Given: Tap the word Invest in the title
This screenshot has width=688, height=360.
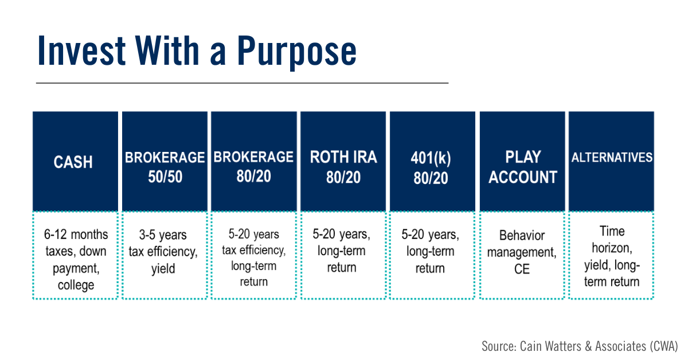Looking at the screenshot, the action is (81, 50).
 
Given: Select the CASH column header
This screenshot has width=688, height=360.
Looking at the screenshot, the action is (75, 161).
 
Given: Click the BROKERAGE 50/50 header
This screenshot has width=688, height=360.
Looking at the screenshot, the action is (165, 161).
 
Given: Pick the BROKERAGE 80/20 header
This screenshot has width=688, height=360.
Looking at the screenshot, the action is (253, 161).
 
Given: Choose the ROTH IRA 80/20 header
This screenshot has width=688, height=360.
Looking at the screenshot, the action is (343, 161).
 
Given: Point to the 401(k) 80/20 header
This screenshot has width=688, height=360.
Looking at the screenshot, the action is (432, 161).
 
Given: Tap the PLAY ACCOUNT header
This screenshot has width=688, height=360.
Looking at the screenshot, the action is (522, 161).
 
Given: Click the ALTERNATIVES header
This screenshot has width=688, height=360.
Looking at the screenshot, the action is (611, 161).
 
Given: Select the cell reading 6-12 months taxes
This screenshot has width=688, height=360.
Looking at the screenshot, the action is (75, 255).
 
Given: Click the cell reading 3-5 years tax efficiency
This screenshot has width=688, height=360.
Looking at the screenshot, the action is (165, 255).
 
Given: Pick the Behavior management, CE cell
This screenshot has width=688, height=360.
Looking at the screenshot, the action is (522, 255).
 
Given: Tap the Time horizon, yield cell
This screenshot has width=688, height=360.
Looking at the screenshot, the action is (611, 255).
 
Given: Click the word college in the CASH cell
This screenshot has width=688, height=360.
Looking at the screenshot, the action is (76, 285).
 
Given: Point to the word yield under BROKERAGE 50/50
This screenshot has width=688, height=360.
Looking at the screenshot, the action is (163, 269).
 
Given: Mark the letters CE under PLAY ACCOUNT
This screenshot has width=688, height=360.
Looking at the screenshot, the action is (522, 269).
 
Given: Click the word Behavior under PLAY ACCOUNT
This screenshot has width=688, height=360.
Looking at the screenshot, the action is (522, 236).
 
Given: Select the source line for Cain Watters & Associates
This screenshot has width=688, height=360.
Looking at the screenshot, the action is (580, 346).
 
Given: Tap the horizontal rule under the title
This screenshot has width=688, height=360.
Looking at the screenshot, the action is (242, 83).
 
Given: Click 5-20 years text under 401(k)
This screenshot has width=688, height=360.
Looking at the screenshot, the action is (430, 235).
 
